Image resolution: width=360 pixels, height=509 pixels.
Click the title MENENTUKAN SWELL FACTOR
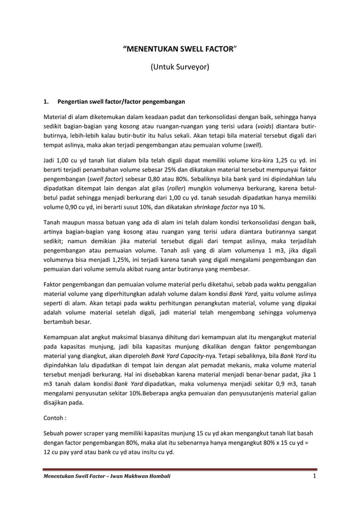coord(179,49)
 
